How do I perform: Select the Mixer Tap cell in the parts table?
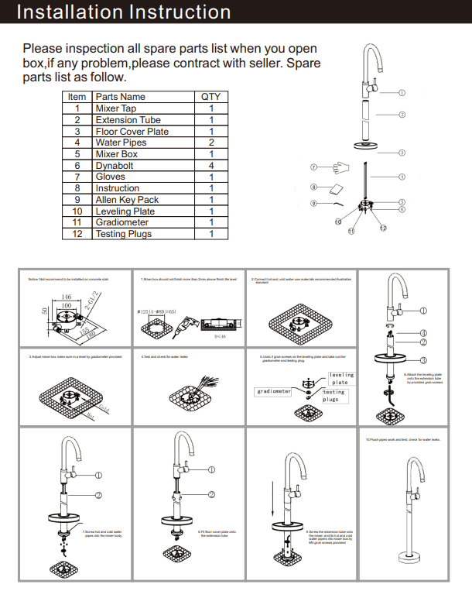115,108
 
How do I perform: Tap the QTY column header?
210,97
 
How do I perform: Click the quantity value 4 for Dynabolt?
210,166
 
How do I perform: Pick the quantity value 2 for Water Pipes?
210,143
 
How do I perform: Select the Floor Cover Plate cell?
132,132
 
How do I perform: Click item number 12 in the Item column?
77,234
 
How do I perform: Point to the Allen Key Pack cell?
127,200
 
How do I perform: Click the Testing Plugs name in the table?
123,234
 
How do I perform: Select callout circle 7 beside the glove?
314,167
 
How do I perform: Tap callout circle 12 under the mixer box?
382,228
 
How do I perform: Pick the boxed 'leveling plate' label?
340,379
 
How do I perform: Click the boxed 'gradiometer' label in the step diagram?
274,391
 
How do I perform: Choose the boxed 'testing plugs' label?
333,396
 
